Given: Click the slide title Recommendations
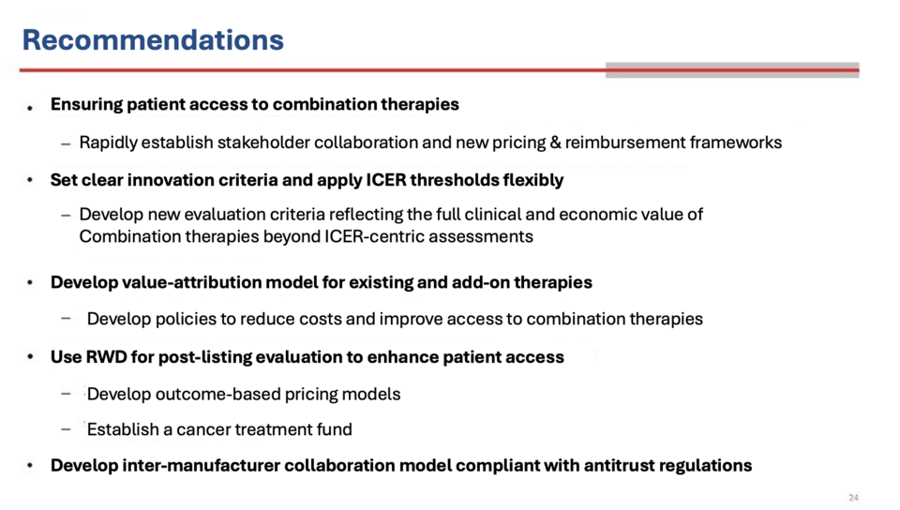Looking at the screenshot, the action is [153, 40].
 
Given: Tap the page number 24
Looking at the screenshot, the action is [853, 498].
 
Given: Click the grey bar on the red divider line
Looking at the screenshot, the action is [732, 70].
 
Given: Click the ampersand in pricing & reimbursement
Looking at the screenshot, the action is [555, 142].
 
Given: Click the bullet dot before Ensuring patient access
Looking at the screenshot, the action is [29, 107].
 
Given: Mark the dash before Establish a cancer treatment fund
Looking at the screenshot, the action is [66, 429].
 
